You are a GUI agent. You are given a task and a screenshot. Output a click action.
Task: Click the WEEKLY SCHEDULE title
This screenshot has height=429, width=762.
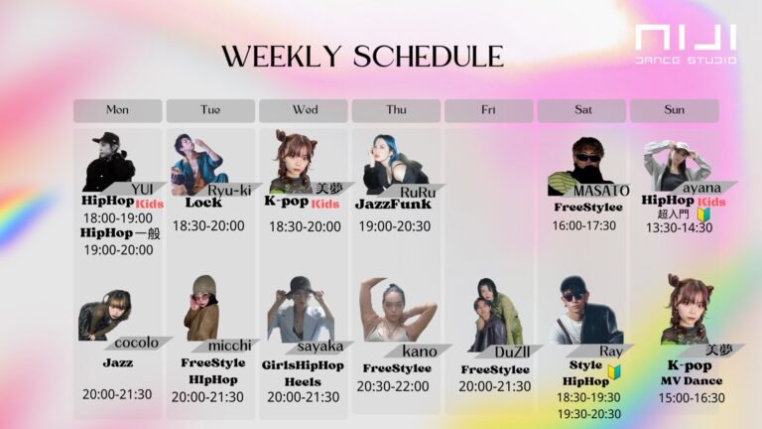pos(362,56)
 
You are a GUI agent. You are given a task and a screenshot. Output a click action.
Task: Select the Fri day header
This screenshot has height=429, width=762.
pos(488,110)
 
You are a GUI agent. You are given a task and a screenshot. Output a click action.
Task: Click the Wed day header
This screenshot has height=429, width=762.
pos(304,110)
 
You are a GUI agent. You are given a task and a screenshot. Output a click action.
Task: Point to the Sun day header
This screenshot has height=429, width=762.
pos(674,110)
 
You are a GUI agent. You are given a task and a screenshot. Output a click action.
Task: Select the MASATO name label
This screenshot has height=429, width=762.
pos(602,190)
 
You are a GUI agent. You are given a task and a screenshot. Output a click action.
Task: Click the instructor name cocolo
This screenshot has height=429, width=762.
pos(137,343)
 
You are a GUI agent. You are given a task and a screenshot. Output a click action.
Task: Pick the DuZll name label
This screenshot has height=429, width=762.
pos(511,351)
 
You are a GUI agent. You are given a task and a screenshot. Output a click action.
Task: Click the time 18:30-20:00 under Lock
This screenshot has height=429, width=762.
pos(208,225)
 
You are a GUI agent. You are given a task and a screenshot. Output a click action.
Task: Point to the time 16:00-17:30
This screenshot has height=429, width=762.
pos(583,225)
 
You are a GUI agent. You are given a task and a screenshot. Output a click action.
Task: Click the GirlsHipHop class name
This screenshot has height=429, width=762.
pos(304,364)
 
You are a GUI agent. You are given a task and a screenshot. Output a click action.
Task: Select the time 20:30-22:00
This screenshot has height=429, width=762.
pos(395,386)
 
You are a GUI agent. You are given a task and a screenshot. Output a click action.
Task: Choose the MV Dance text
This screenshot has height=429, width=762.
pos(691,380)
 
